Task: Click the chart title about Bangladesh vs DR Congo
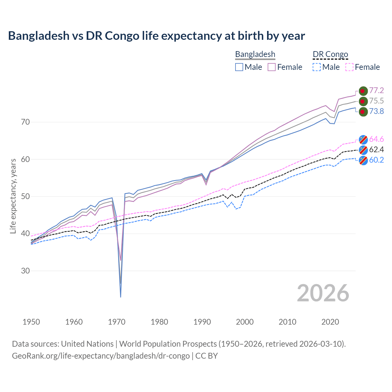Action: click(x=156, y=36)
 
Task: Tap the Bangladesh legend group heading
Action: click(x=255, y=55)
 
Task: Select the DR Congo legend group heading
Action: click(x=330, y=55)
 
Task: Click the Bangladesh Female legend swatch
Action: click(x=272, y=67)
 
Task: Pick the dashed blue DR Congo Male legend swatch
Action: click(x=317, y=67)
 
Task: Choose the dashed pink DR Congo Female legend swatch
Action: click(x=349, y=67)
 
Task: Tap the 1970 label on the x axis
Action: click(x=117, y=322)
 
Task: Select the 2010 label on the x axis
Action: click(x=287, y=322)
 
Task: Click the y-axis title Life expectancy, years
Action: click(x=13, y=196)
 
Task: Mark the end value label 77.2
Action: click(x=376, y=90)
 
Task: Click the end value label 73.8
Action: click(x=376, y=111)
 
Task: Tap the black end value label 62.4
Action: click(x=376, y=149)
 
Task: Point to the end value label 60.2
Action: click(x=376, y=160)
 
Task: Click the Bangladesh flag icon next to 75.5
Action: click(x=363, y=101)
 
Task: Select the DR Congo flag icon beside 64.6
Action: click(x=363, y=139)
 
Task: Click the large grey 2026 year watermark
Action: click(x=323, y=293)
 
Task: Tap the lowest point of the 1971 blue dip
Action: click(x=121, y=297)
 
